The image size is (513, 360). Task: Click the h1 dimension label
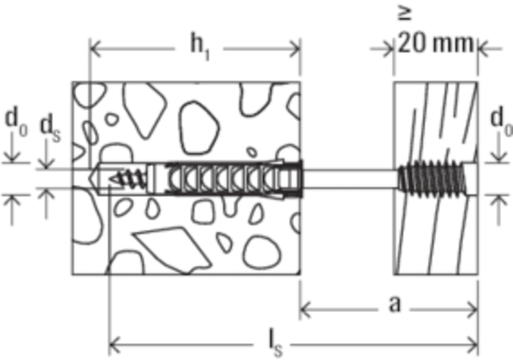[199, 48]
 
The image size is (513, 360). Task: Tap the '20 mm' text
[436, 43]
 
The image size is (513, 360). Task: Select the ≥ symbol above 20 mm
[405, 13]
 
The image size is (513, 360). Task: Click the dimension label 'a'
[395, 304]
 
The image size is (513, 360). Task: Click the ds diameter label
[49, 127]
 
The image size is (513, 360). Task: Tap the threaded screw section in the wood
[432, 178]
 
